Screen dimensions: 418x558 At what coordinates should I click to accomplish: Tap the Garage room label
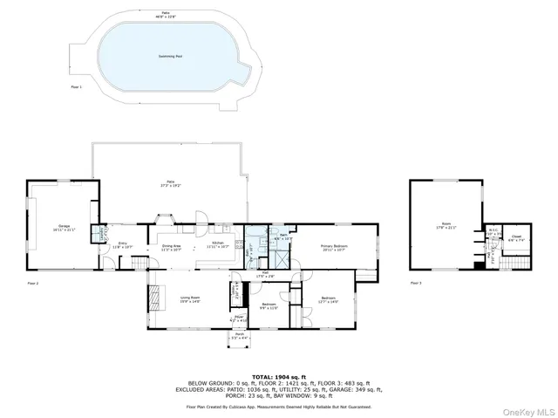[x=65, y=227]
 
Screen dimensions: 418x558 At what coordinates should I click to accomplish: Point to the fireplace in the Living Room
[x=156, y=299]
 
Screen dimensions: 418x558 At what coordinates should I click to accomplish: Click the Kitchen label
[x=218, y=246]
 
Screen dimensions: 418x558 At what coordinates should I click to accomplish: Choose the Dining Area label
[x=171, y=247]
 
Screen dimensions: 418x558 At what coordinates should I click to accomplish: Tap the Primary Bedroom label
[x=334, y=247]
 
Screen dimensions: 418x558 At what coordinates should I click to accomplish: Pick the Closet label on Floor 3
[x=516, y=236]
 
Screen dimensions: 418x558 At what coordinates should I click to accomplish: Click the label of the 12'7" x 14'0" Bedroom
[x=329, y=301]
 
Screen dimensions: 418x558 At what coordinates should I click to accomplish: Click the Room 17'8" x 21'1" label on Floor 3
[x=446, y=225]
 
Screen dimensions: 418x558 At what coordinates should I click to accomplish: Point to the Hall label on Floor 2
[x=264, y=274]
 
